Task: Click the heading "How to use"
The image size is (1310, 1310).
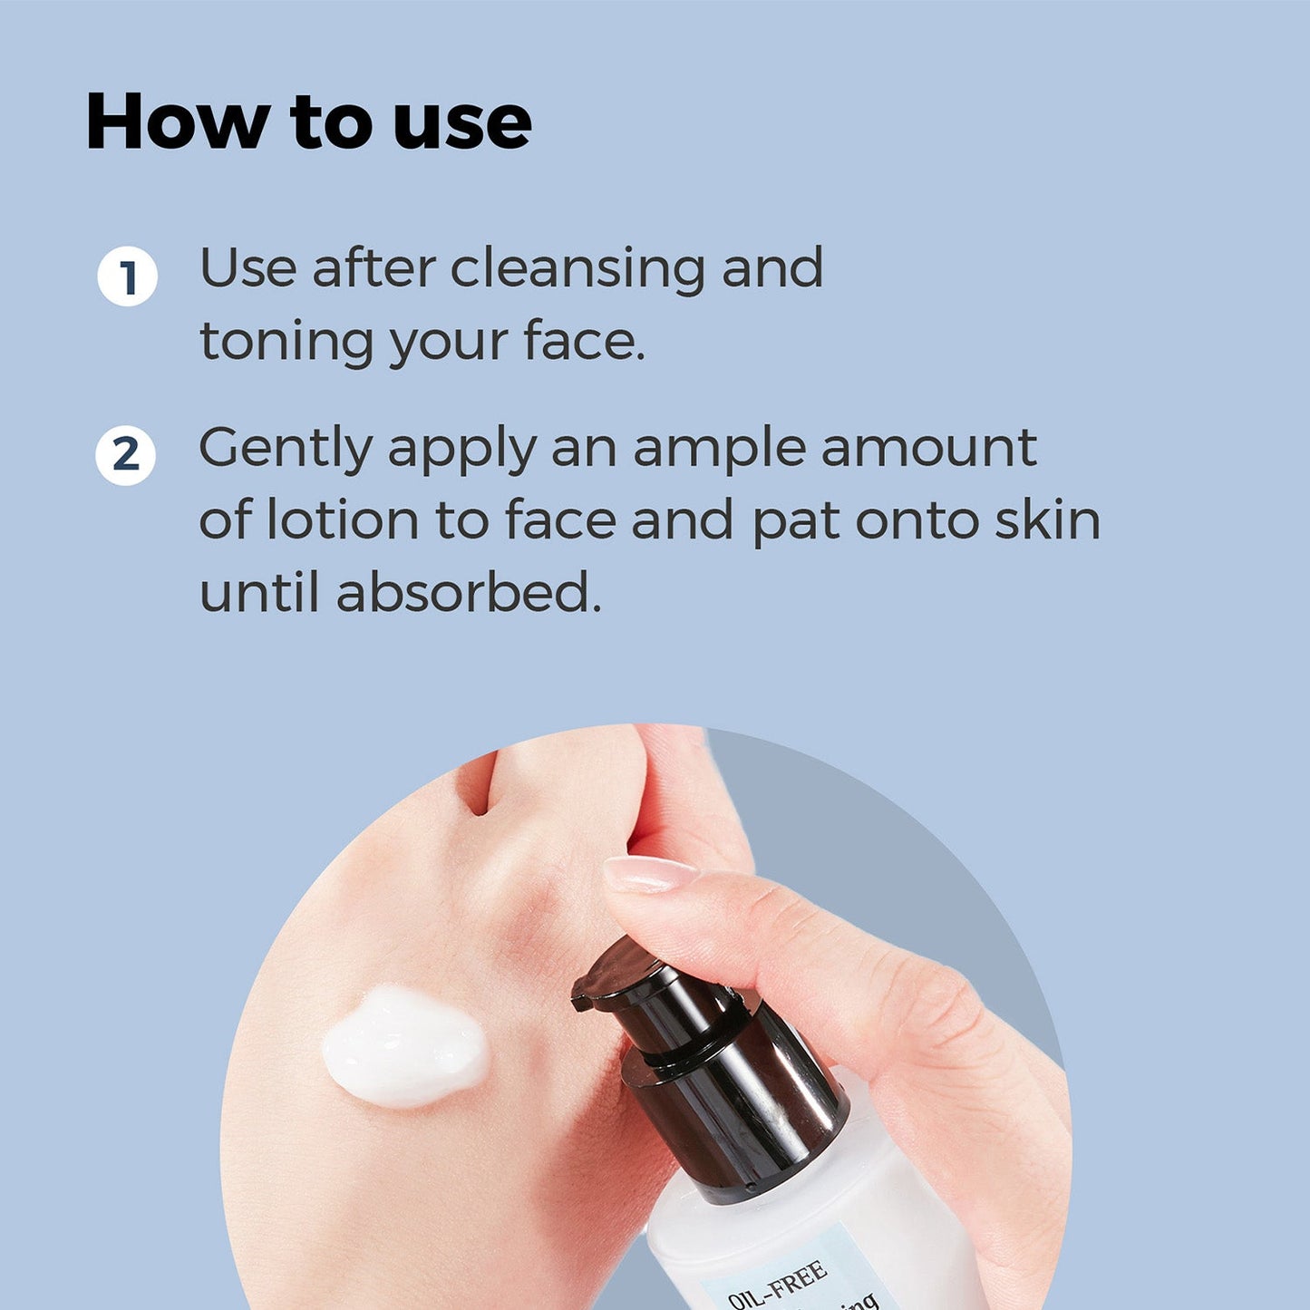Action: pyautogui.click(x=308, y=122)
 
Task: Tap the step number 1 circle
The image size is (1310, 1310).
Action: pyautogui.click(x=127, y=276)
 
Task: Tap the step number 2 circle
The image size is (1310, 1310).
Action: pyautogui.click(x=126, y=455)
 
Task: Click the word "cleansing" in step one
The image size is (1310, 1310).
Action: pyautogui.click(x=577, y=270)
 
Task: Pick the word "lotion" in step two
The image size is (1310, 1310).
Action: pyautogui.click(x=342, y=521)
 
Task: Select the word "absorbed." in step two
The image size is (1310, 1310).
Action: pyautogui.click(x=468, y=594)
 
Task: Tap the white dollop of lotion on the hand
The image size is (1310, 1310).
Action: pyautogui.click(x=404, y=1047)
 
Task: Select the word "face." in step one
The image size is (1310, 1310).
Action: pyautogui.click(x=584, y=343)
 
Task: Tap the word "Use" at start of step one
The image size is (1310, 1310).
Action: pyautogui.click(x=247, y=269)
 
